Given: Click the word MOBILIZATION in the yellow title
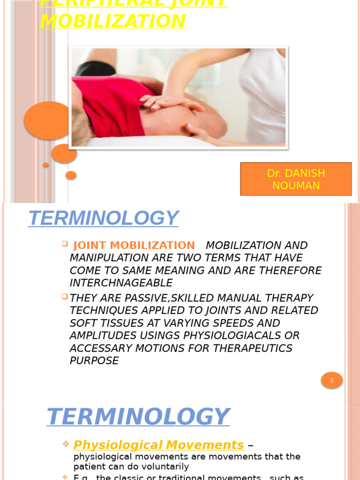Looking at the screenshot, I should click(113, 22).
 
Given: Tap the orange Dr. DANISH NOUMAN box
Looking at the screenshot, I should click(296, 179).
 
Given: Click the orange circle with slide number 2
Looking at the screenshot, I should click(332, 380).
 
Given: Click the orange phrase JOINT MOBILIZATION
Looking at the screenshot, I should click(134, 245).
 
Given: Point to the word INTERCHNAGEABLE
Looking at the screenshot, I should click(121, 283).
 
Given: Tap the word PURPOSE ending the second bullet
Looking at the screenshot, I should click(94, 361).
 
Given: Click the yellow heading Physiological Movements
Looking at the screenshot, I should click(159, 445).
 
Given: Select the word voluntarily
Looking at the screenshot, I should click(164, 466).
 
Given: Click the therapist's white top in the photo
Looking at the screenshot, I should click(265, 94).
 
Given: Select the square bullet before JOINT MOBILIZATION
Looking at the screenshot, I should click(65, 244).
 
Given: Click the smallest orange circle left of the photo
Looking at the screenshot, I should click(45, 165).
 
